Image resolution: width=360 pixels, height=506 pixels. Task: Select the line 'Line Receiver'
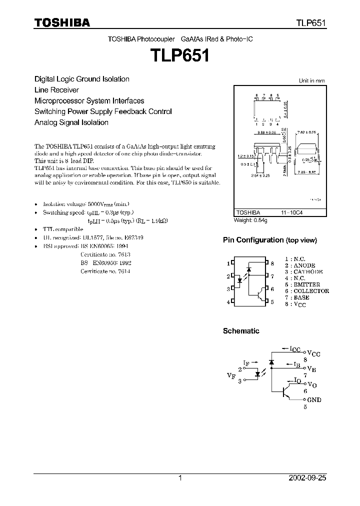pos(56,90)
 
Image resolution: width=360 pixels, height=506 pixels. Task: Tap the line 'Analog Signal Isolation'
pos(71,122)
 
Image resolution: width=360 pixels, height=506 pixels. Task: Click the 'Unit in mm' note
pos(311,80)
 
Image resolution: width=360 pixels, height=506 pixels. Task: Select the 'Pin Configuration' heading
pos(269,240)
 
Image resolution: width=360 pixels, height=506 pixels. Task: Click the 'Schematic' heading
pos(241,331)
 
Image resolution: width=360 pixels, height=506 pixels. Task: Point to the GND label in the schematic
pos(314,399)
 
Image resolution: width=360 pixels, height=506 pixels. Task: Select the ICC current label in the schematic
pos(295,349)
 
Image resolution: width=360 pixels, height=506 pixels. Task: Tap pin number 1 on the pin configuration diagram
pos(228,263)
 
